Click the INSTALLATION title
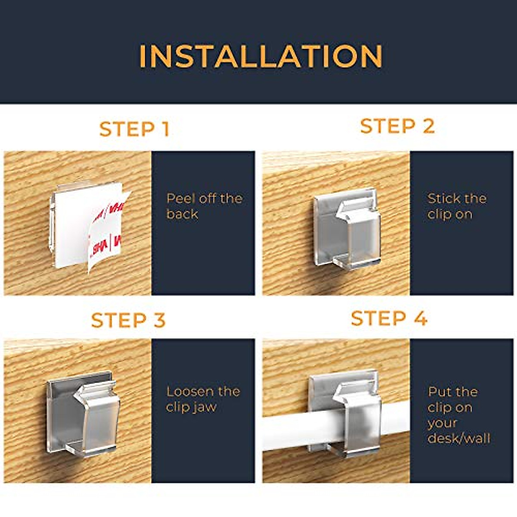[x=261, y=56]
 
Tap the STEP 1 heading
[x=134, y=129]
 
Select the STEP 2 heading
[x=397, y=126]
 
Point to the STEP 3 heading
[x=128, y=321]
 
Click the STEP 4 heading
[x=389, y=319]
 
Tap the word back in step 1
[x=182, y=214]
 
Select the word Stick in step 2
[x=444, y=199]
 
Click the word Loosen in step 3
[x=190, y=392]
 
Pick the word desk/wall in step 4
[x=459, y=439]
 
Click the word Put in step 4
[x=439, y=392]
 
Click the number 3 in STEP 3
[x=159, y=321]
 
